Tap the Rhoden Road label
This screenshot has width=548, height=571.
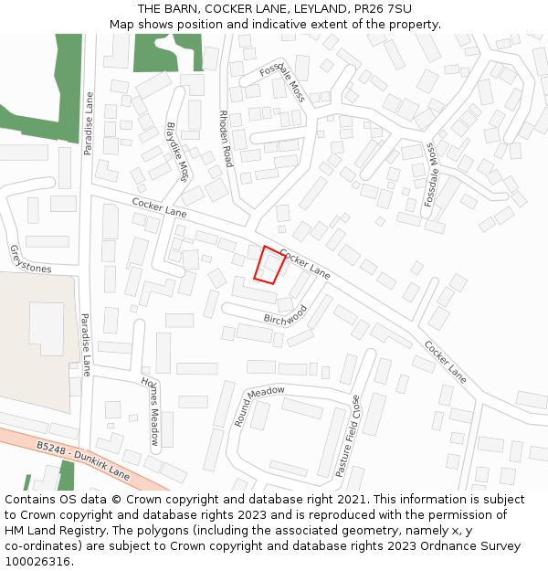(x=225, y=139)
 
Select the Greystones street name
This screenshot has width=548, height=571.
(x=30, y=259)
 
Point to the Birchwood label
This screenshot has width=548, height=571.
(x=286, y=317)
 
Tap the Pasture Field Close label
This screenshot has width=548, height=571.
(x=347, y=436)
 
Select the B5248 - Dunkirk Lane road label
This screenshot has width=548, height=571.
(x=83, y=460)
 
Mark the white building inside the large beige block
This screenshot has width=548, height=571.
(x=47, y=328)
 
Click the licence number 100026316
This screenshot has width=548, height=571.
(x=37, y=562)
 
